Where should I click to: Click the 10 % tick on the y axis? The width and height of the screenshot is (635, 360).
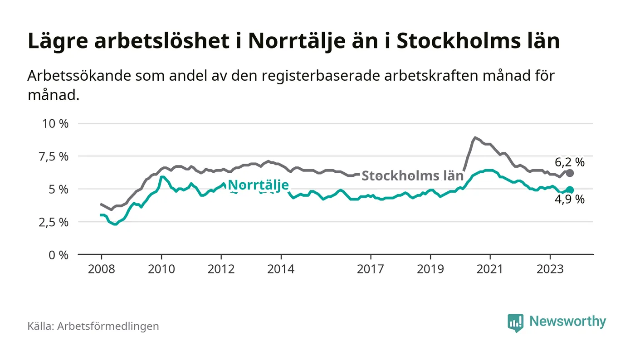click(54, 123)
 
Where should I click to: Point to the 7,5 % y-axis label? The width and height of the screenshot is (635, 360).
click(54, 156)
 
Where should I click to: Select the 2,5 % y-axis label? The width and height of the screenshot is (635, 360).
click(54, 222)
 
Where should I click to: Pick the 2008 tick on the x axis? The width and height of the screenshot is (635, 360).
click(101, 269)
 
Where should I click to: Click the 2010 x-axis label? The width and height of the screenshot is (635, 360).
click(161, 269)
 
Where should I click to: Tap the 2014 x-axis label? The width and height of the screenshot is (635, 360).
click(281, 269)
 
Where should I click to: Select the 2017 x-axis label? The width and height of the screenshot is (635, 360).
click(371, 269)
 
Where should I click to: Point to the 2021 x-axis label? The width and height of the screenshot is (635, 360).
click(490, 269)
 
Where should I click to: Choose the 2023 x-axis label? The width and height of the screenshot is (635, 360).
click(550, 269)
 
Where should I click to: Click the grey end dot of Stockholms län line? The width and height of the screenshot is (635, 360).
click(570, 173)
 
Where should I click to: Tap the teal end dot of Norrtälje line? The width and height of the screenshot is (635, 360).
click(570, 190)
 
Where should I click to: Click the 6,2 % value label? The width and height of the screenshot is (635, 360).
click(570, 161)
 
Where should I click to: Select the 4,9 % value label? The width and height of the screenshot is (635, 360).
click(570, 199)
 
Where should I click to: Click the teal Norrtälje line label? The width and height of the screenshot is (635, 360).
click(258, 185)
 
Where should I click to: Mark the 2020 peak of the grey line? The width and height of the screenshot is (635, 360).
click(475, 137)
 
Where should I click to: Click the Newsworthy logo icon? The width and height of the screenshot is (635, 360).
click(515, 322)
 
